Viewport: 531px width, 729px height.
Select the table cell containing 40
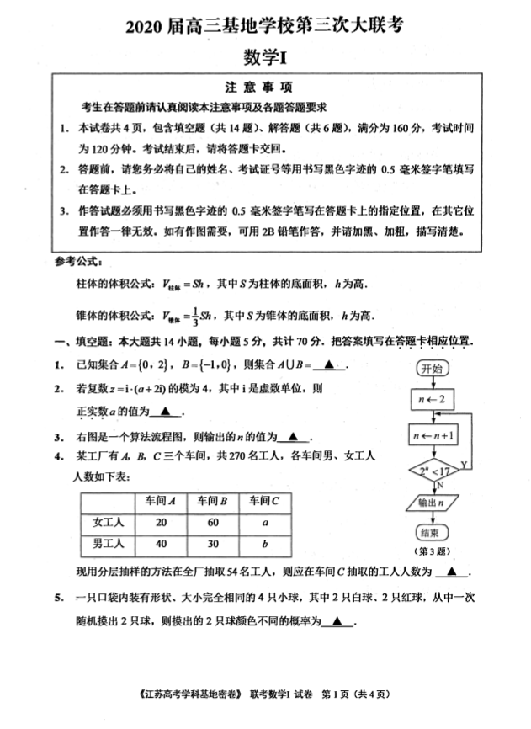[161, 544]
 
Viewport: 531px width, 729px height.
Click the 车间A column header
[161, 500]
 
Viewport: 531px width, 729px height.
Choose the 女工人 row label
[108, 522]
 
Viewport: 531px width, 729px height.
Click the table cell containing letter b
[265, 544]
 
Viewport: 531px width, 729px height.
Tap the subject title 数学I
[265, 58]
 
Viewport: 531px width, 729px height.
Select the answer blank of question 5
[337, 622]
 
